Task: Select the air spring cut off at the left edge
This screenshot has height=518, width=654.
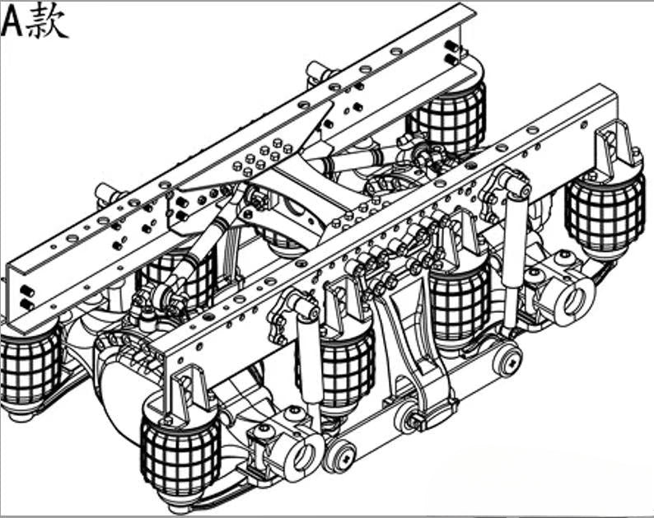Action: pyautogui.click(x=30, y=367)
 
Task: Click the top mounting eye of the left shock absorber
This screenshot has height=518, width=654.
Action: pyautogui.click(x=306, y=306)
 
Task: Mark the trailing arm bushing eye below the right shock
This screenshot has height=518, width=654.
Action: pyautogui.click(x=508, y=360)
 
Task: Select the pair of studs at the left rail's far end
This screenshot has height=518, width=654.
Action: pyautogui.click(x=451, y=52)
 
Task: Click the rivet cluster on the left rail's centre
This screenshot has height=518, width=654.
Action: pyautogui.click(x=263, y=156)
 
